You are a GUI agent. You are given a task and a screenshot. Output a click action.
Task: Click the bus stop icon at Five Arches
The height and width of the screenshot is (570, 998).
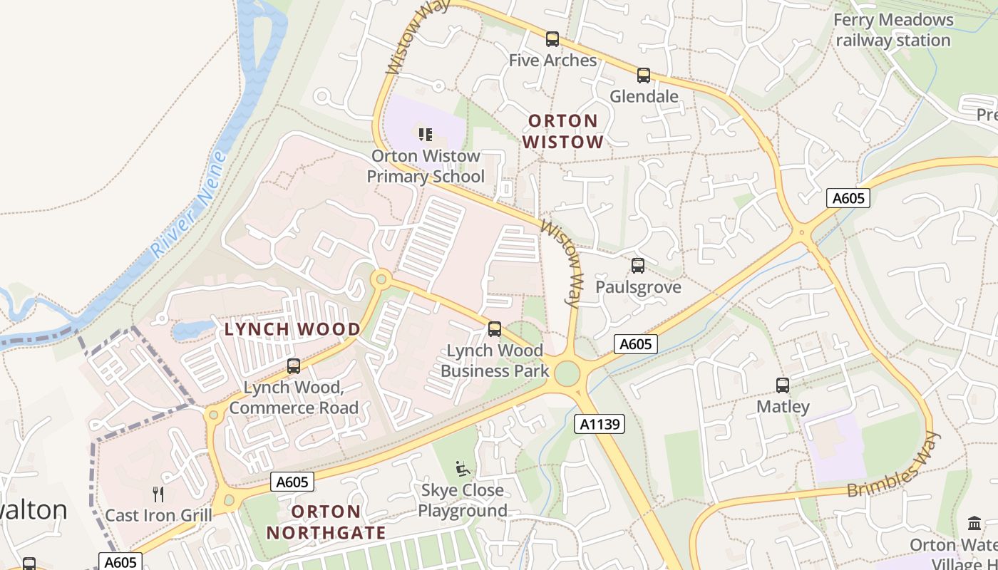click(x=552, y=39)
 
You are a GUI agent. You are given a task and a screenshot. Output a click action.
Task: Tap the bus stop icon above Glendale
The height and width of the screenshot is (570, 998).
click(x=644, y=75)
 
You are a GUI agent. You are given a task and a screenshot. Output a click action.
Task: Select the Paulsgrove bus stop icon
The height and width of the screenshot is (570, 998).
click(x=638, y=266)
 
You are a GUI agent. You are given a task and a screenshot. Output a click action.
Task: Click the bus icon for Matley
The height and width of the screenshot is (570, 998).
click(x=783, y=385)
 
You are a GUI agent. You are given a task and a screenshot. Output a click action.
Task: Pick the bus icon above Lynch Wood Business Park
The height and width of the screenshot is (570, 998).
click(x=495, y=329)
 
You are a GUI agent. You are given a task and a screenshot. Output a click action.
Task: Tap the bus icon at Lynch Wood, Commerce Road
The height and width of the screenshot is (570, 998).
click(x=293, y=366)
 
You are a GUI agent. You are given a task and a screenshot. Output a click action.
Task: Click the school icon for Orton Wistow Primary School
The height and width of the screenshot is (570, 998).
click(x=426, y=134)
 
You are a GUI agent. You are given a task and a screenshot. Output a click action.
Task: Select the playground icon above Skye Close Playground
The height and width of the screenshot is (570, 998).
click(x=463, y=469)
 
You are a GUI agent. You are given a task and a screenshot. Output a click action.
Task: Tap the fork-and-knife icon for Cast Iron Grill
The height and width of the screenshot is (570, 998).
click(x=158, y=494)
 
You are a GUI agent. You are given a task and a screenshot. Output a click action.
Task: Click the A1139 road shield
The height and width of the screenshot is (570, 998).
click(x=600, y=425)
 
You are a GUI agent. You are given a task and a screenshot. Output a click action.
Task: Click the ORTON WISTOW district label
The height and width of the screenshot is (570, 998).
click(x=563, y=131)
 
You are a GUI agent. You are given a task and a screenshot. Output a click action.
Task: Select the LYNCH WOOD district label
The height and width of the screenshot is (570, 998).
click(x=292, y=329)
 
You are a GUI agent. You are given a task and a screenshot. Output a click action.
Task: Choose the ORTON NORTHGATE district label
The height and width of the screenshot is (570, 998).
click(x=326, y=522)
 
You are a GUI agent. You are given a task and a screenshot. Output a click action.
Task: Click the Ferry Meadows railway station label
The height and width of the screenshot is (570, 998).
click(x=893, y=30)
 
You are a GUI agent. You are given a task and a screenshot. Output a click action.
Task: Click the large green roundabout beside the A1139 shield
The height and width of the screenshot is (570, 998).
click(x=567, y=373)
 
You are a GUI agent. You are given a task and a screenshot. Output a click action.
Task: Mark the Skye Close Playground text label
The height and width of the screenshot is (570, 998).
click(x=463, y=500)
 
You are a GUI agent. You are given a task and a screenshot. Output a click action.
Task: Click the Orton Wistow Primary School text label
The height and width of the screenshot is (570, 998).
click(x=426, y=166)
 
